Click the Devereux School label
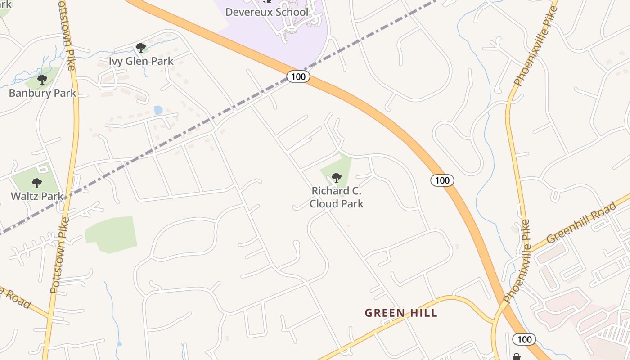coord(267,12)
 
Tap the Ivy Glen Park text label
coord(141,61)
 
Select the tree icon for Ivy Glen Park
coord(141,47)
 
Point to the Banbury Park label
coord(43,93)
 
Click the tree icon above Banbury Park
coord(42,80)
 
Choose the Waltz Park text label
coord(37,196)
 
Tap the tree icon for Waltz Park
coord(37,183)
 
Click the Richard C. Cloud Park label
coord(337,197)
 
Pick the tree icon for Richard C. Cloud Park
coord(336,178)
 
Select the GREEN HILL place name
coord(401,313)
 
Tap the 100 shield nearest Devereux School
coord(298,76)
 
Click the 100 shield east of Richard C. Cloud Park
coord(442,180)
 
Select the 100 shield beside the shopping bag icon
coord(524,339)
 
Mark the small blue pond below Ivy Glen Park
coord(158,110)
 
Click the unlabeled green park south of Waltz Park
coord(112,234)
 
